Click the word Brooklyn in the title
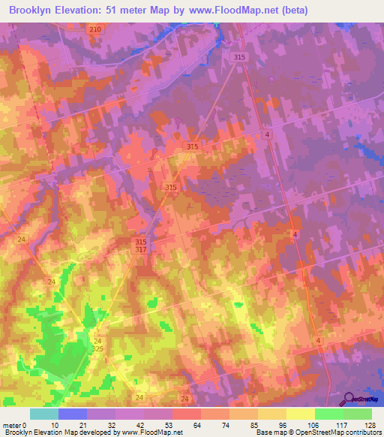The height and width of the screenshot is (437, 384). pyautogui.click(x=32, y=11)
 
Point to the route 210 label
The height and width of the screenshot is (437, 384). pyautogui.click(x=94, y=29)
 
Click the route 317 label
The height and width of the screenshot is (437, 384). pyautogui.click(x=141, y=249)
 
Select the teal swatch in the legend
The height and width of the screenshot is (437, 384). pyautogui.click(x=44, y=414)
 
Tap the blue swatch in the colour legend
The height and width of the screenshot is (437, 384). pyautogui.click(x=73, y=414)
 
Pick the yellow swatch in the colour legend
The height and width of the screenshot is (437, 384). pyautogui.click(x=301, y=414)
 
